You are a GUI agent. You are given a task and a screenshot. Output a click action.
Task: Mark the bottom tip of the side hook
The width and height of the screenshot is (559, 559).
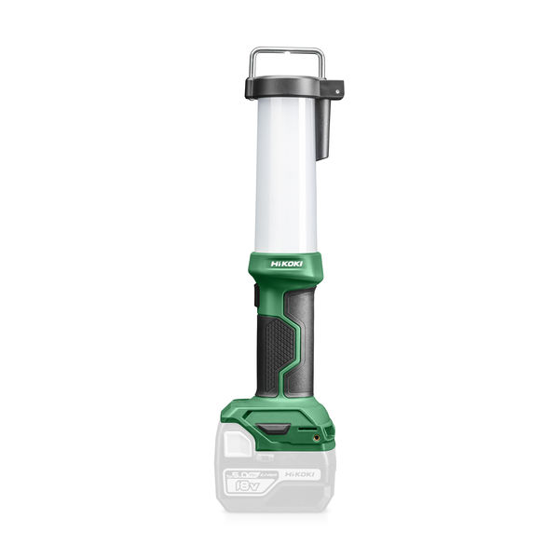[324, 158]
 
